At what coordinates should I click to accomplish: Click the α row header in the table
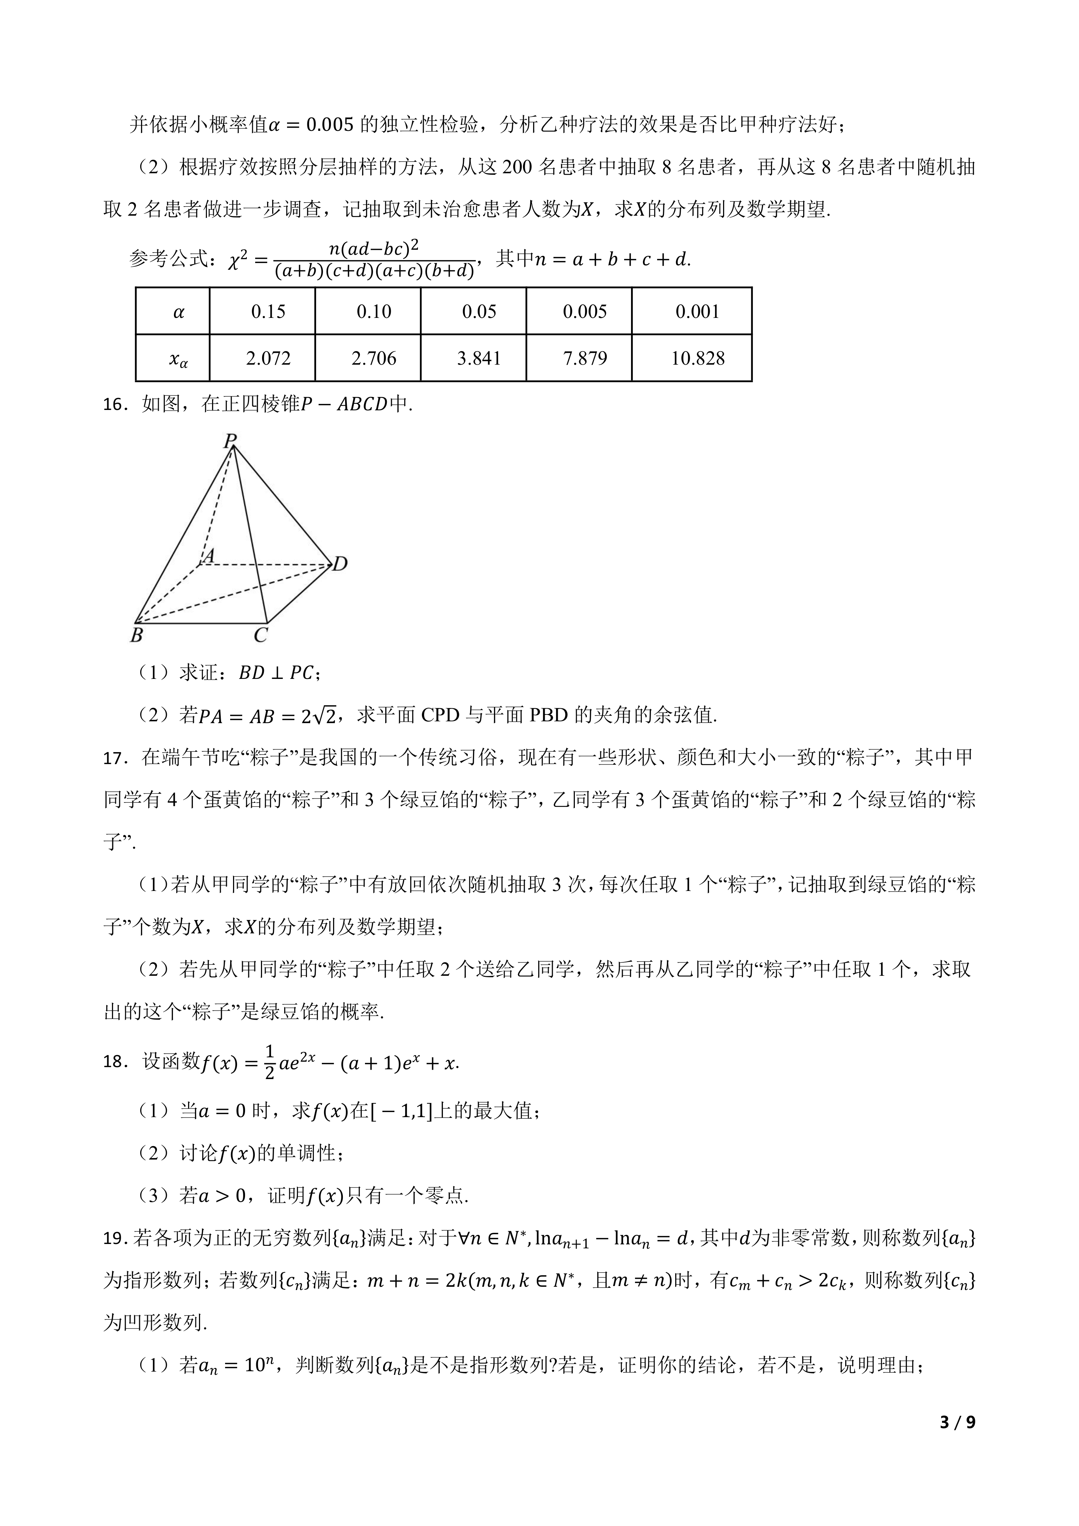click(x=178, y=312)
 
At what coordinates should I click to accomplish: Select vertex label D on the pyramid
click(x=340, y=564)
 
